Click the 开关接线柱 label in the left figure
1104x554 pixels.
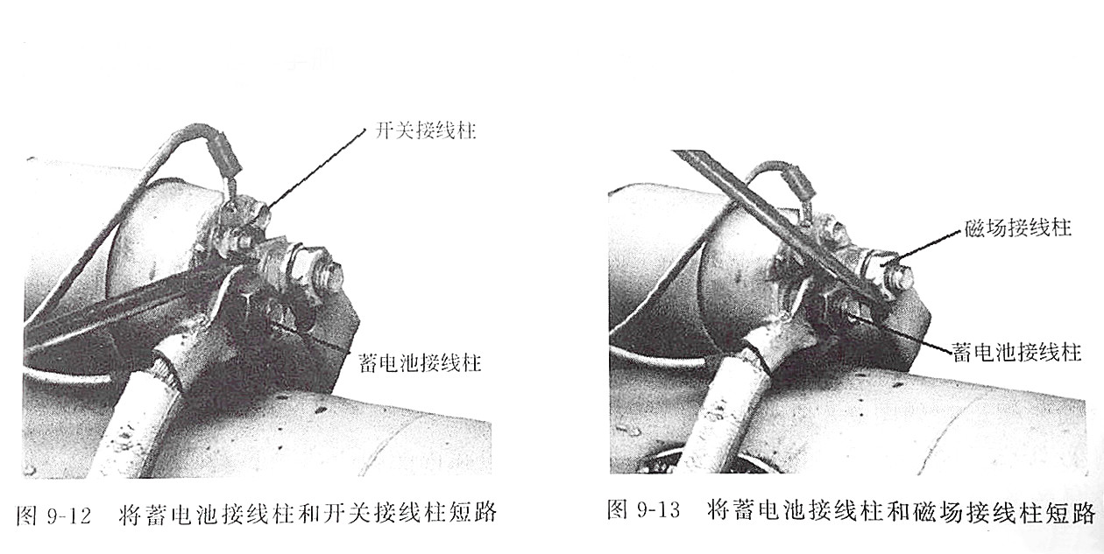click(425, 130)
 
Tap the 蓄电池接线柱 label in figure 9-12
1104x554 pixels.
click(420, 363)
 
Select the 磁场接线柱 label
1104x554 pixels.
click(1017, 228)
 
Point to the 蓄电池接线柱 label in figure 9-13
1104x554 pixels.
click(1016, 353)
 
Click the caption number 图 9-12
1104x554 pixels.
click(53, 515)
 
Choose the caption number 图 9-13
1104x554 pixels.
click(643, 509)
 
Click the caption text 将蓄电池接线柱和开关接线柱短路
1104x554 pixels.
click(308, 513)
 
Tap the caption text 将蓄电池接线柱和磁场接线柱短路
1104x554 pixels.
click(901, 511)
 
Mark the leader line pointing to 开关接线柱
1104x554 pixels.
click(315, 167)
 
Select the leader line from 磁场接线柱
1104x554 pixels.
click(929, 244)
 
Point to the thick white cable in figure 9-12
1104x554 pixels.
click(148, 414)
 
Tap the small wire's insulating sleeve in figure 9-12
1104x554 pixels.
click(224, 151)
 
